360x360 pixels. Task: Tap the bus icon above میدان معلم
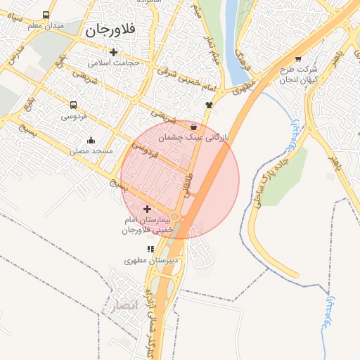pos(46,15)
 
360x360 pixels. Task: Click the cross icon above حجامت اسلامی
pos(113,52)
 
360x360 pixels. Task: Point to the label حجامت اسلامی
pos(113,63)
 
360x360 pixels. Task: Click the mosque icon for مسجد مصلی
pos(91,140)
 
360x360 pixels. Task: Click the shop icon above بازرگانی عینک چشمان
pos(193,127)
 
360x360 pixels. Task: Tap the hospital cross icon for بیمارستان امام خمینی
pos(147,209)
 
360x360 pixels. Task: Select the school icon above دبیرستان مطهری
pos(150,249)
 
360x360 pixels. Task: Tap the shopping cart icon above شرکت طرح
pos(298,59)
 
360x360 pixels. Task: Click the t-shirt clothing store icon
pos(209,105)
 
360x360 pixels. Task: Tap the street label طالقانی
pos(188,185)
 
